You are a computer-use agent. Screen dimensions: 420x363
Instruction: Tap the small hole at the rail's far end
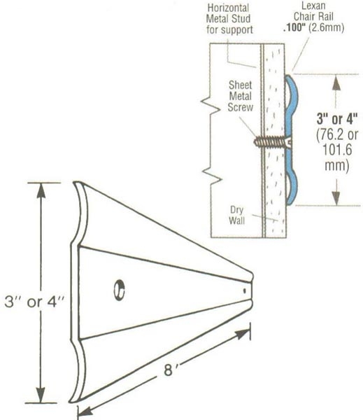(x=243, y=287)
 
